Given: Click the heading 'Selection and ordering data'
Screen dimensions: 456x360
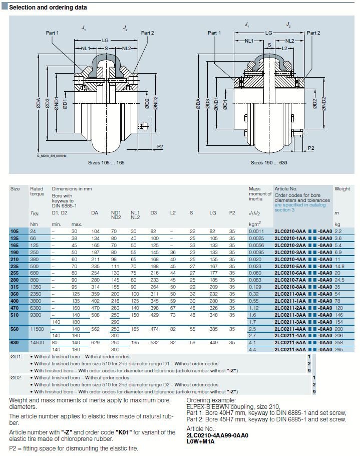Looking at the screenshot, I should tap(48, 8).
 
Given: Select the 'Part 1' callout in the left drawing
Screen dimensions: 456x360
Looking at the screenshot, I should tap(53, 33).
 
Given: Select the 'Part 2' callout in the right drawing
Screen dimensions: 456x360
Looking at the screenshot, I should tap(313, 33).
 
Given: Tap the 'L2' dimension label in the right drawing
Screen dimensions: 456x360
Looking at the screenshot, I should tap(284, 49).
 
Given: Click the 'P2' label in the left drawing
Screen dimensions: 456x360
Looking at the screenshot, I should tap(160, 146).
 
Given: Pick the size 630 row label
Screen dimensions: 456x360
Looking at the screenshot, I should tap(16, 342).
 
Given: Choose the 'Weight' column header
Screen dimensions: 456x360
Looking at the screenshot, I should tap(342, 189).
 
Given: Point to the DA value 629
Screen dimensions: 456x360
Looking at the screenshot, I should tap(95, 342).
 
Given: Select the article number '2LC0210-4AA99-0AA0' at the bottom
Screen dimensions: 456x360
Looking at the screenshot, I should tap(217, 435).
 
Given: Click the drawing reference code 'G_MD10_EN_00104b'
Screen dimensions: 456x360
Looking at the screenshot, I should tap(52, 156).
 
